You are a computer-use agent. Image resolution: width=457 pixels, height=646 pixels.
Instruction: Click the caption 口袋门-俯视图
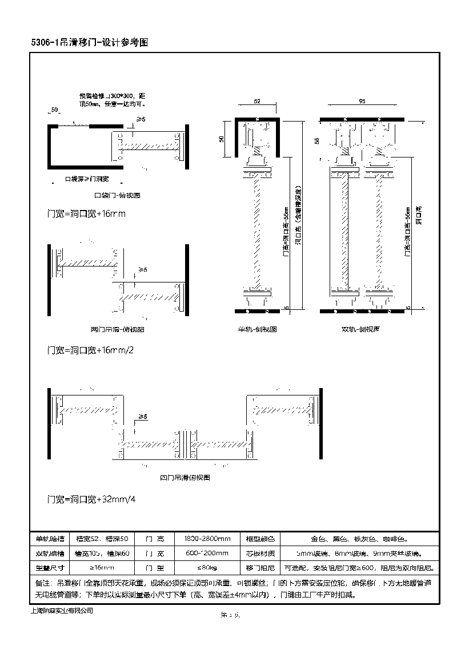coord(117,195)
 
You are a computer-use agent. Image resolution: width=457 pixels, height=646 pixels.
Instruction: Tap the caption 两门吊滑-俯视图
coord(117,330)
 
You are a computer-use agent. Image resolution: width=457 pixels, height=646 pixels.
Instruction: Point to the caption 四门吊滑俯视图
coord(185,477)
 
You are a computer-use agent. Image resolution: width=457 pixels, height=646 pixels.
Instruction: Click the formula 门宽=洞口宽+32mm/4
coord(91,499)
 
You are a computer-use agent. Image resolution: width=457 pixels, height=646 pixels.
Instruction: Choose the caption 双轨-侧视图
coord(361,329)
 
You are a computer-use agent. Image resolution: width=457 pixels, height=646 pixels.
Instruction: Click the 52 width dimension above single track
coord(256,101)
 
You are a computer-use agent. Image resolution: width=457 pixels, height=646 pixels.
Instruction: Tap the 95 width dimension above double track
coord(362,101)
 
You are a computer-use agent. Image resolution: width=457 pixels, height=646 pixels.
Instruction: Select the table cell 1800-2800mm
coord(207,539)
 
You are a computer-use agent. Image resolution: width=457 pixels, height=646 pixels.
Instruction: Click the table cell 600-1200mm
coord(207,554)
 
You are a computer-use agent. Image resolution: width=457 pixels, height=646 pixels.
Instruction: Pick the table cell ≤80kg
coord(207,568)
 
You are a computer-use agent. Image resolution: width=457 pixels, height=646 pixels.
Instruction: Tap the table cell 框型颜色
coord(260,539)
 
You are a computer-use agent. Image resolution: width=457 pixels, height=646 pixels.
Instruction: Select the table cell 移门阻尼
coord(260,568)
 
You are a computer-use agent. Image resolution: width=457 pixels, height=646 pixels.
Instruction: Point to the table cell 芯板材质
coord(260,554)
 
